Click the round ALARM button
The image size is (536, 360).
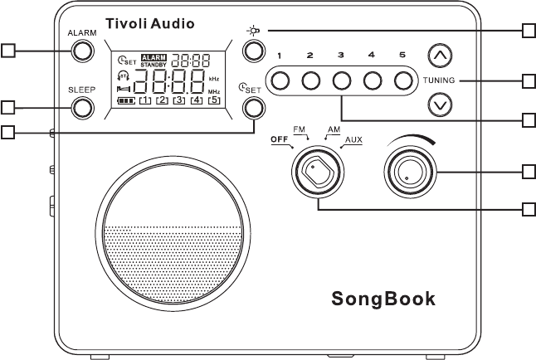[x=82, y=51]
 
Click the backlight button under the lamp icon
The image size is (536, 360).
[x=253, y=51]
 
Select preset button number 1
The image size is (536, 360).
[x=280, y=80]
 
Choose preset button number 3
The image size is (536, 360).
[x=342, y=80]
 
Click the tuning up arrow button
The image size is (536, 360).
[x=440, y=56]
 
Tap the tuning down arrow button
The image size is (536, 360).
[x=440, y=105]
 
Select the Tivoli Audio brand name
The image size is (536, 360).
[x=150, y=24]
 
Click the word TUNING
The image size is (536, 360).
[x=440, y=80]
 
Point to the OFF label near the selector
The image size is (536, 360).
[x=282, y=140]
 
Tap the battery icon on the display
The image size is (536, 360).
[x=126, y=100]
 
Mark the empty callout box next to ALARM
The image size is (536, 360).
[x=8, y=51]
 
